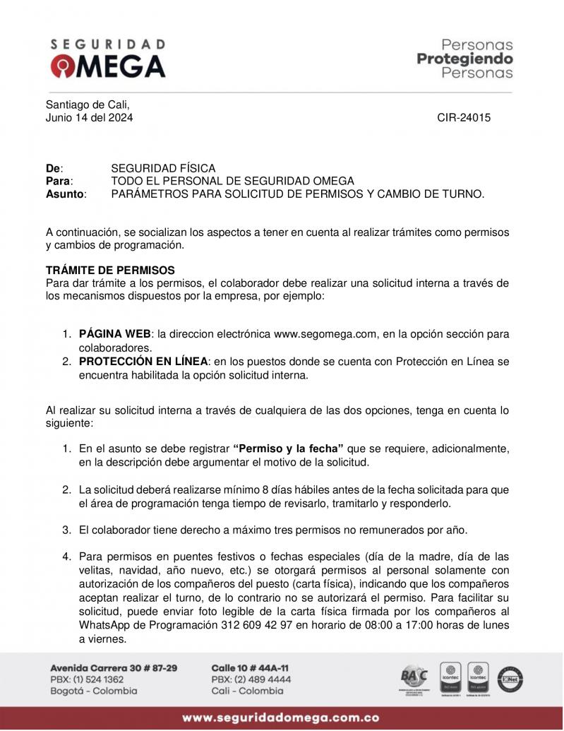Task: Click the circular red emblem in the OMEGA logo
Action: click(x=61, y=67)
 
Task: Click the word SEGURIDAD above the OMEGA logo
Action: click(x=108, y=44)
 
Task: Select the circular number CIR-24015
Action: click(x=464, y=118)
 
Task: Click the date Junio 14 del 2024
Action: click(x=89, y=118)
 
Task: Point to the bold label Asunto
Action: click(x=64, y=194)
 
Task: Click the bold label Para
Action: click(x=59, y=181)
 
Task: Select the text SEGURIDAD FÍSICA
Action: click(x=163, y=168)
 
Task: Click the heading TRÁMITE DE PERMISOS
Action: click(x=110, y=271)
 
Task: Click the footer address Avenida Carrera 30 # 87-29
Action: click(x=114, y=667)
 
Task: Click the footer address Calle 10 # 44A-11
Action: click(x=250, y=667)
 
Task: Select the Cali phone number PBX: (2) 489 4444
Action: click(x=251, y=679)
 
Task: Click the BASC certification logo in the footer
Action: click(x=414, y=679)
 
